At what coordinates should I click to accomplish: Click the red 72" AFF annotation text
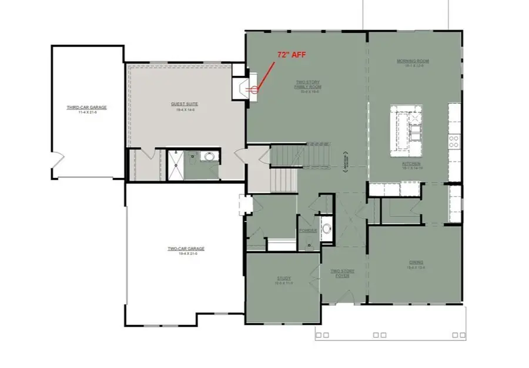click(x=292, y=54)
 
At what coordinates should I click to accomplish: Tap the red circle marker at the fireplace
click(x=255, y=90)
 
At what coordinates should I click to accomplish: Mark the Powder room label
click(x=308, y=231)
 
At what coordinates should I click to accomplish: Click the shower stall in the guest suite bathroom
click(x=175, y=165)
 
